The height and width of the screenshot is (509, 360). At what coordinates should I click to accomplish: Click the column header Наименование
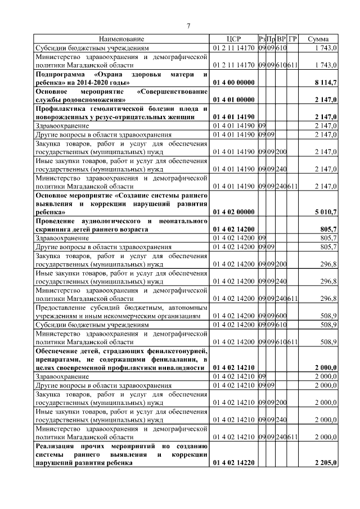[x=122, y=39]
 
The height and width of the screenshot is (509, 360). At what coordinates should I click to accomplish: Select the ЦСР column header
[x=233, y=39]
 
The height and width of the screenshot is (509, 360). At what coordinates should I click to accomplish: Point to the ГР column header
[x=292, y=39]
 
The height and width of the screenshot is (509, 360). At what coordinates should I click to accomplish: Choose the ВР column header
[x=282, y=39]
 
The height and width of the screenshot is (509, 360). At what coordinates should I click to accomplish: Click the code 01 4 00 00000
[x=233, y=83]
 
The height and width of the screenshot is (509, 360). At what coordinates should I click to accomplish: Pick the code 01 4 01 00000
[x=233, y=100]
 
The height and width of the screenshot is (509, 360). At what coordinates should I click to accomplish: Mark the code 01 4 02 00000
[x=233, y=212]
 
